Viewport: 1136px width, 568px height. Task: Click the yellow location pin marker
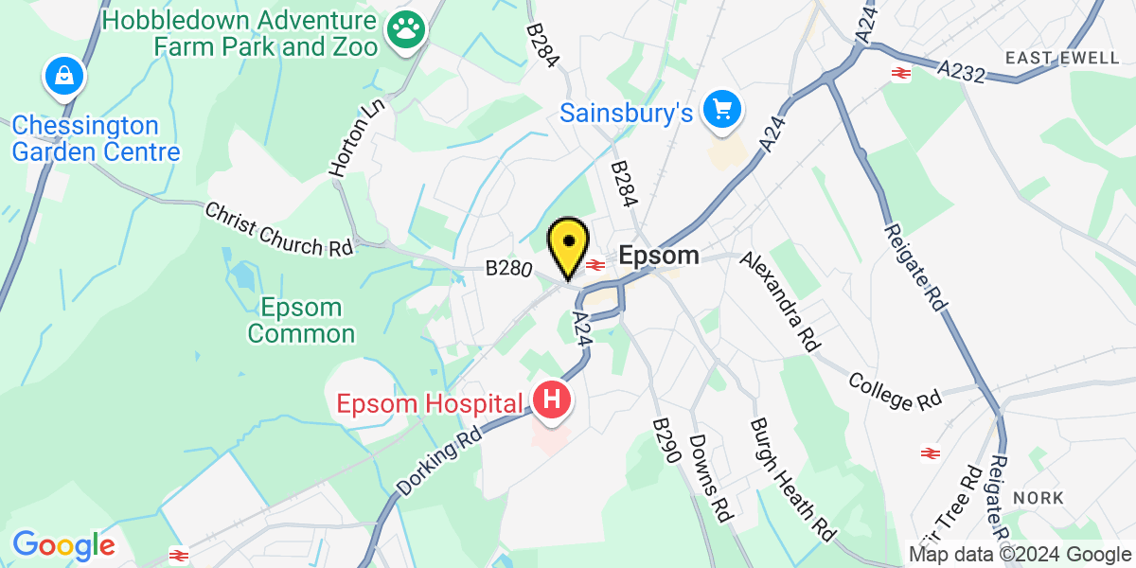pyautogui.click(x=568, y=244)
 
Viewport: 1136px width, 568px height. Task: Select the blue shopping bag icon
pyautogui.click(x=63, y=77)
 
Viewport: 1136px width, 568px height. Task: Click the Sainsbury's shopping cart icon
pyautogui.click(x=723, y=111)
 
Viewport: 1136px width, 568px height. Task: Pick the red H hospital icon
pyautogui.click(x=552, y=401)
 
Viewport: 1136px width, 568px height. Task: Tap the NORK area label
pyautogui.click(x=1038, y=497)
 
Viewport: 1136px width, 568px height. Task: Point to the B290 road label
pyautogui.click(x=667, y=441)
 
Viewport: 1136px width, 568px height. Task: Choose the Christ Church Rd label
pyautogui.click(x=278, y=228)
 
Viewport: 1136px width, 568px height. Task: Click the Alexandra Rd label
pyautogui.click(x=779, y=302)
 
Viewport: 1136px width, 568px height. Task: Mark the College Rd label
pyautogui.click(x=895, y=391)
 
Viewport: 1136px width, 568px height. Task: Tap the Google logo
pyautogui.click(x=63, y=545)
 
